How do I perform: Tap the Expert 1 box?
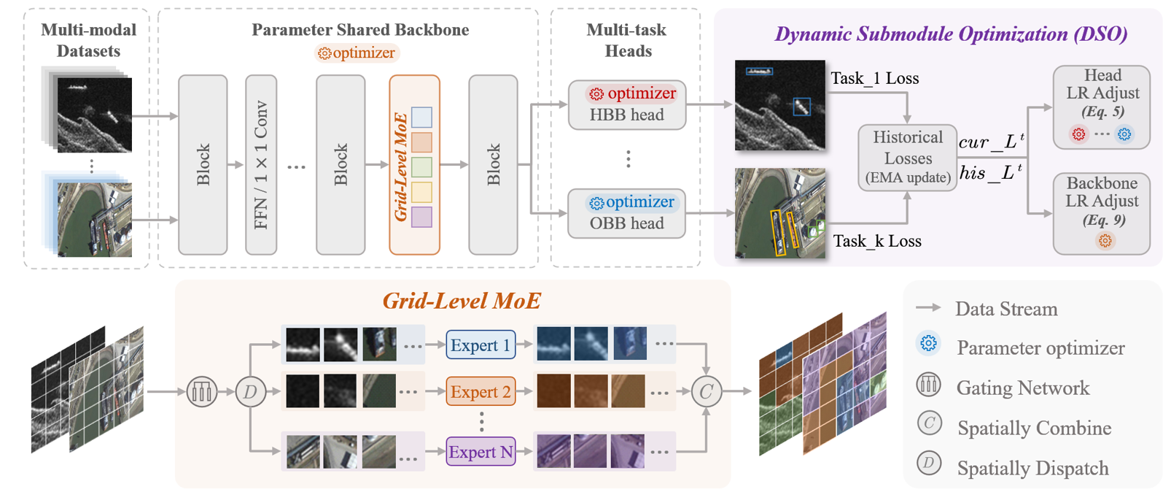coord(481,345)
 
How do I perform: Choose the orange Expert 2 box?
coord(481,392)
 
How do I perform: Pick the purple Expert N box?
coord(481,452)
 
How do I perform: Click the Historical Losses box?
coord(907,158)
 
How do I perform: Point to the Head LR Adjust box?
coord(1101,107)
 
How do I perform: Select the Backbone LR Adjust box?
coord(1101,213)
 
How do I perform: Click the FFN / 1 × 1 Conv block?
coord(261,165)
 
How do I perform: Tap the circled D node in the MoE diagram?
coord(249,392)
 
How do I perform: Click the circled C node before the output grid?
coord(705,392)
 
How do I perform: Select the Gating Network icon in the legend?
coord(928,385)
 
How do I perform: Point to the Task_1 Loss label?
coord(874,79)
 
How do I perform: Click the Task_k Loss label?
coord(876,241)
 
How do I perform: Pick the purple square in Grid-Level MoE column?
coord(421,217)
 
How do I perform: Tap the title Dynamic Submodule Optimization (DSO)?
coord(950,34)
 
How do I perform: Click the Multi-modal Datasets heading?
coord(88,40)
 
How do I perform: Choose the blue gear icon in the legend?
coord(928,344)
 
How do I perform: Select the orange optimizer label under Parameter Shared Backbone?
coord(357,53)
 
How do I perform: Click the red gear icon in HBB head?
coord(596,93)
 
